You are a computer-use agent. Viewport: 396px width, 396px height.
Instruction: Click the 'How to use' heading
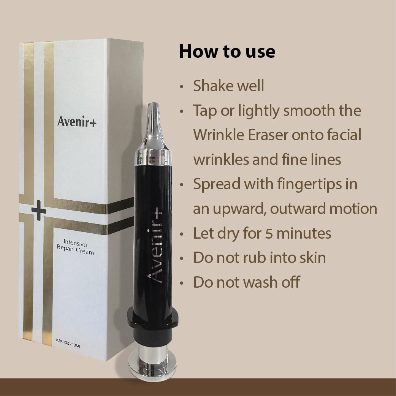(x=227, y=51)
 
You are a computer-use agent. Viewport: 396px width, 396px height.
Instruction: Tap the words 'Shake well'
(x=228, y=86)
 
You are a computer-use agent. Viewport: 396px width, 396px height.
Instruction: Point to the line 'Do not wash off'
(x=246, y=282)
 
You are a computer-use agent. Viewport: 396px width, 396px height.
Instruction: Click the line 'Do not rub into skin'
(x=259, y=258)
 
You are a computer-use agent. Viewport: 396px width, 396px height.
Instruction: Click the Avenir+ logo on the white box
(x=77, y=121)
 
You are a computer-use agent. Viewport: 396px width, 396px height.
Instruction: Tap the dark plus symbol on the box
(x=39, y=210)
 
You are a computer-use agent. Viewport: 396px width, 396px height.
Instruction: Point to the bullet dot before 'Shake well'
(x=182, y=87)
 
